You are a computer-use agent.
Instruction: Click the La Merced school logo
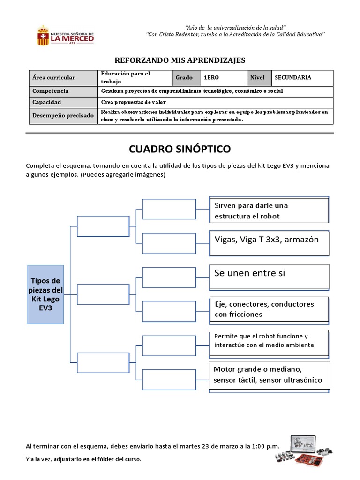click(65, 36)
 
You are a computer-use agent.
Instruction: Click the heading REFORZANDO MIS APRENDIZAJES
click(180, 60)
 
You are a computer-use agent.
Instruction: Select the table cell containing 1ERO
click(224, 78)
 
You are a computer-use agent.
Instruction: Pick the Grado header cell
click(187, 78)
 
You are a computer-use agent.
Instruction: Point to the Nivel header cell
click(259, 78)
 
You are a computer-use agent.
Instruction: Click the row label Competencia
click(63, 91)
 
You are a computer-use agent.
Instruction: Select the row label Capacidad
click(63, 102)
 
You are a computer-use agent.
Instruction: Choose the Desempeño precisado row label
click(63, 115)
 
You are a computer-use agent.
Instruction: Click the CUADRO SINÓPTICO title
click(180, 149)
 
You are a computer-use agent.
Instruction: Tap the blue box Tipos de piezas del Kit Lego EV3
click(45, 294)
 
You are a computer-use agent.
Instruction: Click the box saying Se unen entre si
click(269, 276)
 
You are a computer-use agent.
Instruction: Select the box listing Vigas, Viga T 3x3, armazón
click(269, 243)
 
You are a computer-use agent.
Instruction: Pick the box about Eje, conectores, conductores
click(269, 309)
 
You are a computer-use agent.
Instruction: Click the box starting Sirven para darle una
click(269, 210)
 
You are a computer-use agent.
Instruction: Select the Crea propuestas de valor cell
click(216, 102)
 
